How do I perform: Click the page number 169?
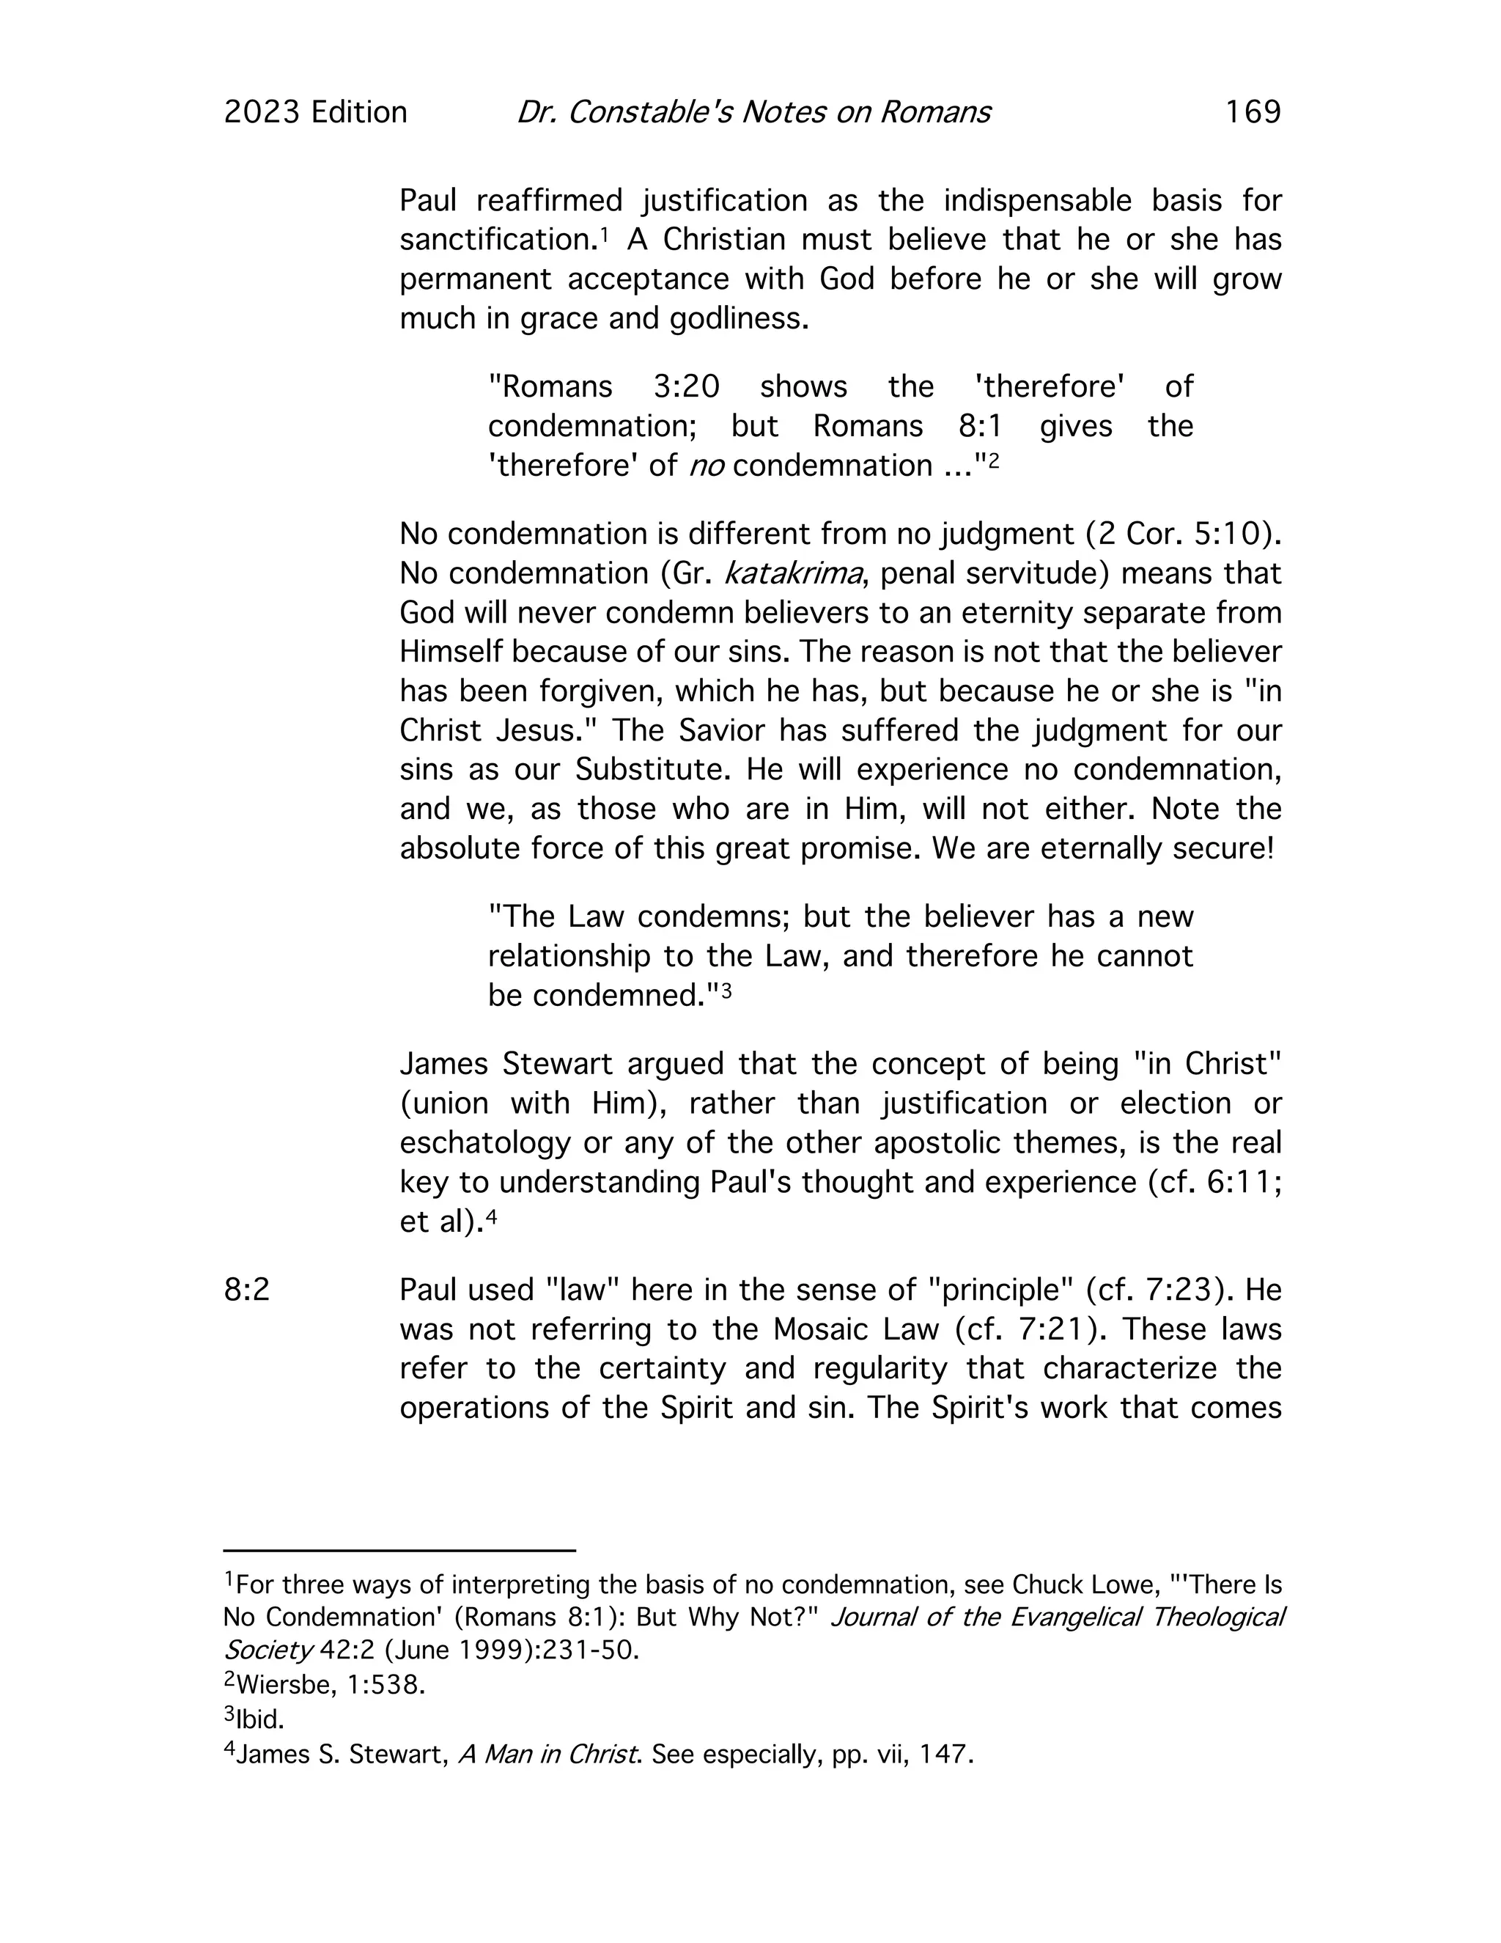1252,112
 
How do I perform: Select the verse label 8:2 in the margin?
246,1289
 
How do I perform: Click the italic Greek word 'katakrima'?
793,573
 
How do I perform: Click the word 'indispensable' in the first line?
1037,200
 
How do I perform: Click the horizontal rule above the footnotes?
399,1551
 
